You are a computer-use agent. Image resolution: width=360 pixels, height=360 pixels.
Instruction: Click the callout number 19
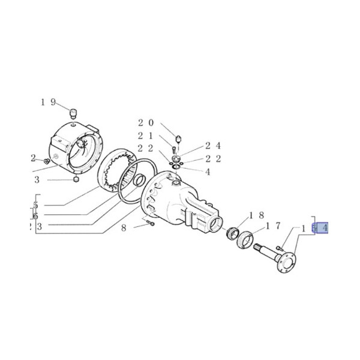tap(48, 102)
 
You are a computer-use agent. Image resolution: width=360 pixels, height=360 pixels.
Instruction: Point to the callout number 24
tap(213, 145)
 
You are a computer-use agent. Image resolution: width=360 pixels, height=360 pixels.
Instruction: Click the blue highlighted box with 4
tap(322, 228)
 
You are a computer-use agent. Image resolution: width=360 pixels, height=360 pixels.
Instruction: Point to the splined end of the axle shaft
tap(260, 247)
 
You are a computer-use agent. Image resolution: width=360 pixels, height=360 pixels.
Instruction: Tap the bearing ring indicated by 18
tap(233, 232)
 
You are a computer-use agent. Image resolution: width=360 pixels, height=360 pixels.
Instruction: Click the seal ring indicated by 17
tap(246, 242)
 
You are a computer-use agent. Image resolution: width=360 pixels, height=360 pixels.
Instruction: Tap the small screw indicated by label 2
tap(46, 160)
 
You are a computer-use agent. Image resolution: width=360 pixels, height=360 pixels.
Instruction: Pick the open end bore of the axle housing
tap(215, 226)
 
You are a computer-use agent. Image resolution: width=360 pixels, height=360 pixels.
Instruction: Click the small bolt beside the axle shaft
tap(281, 246)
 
